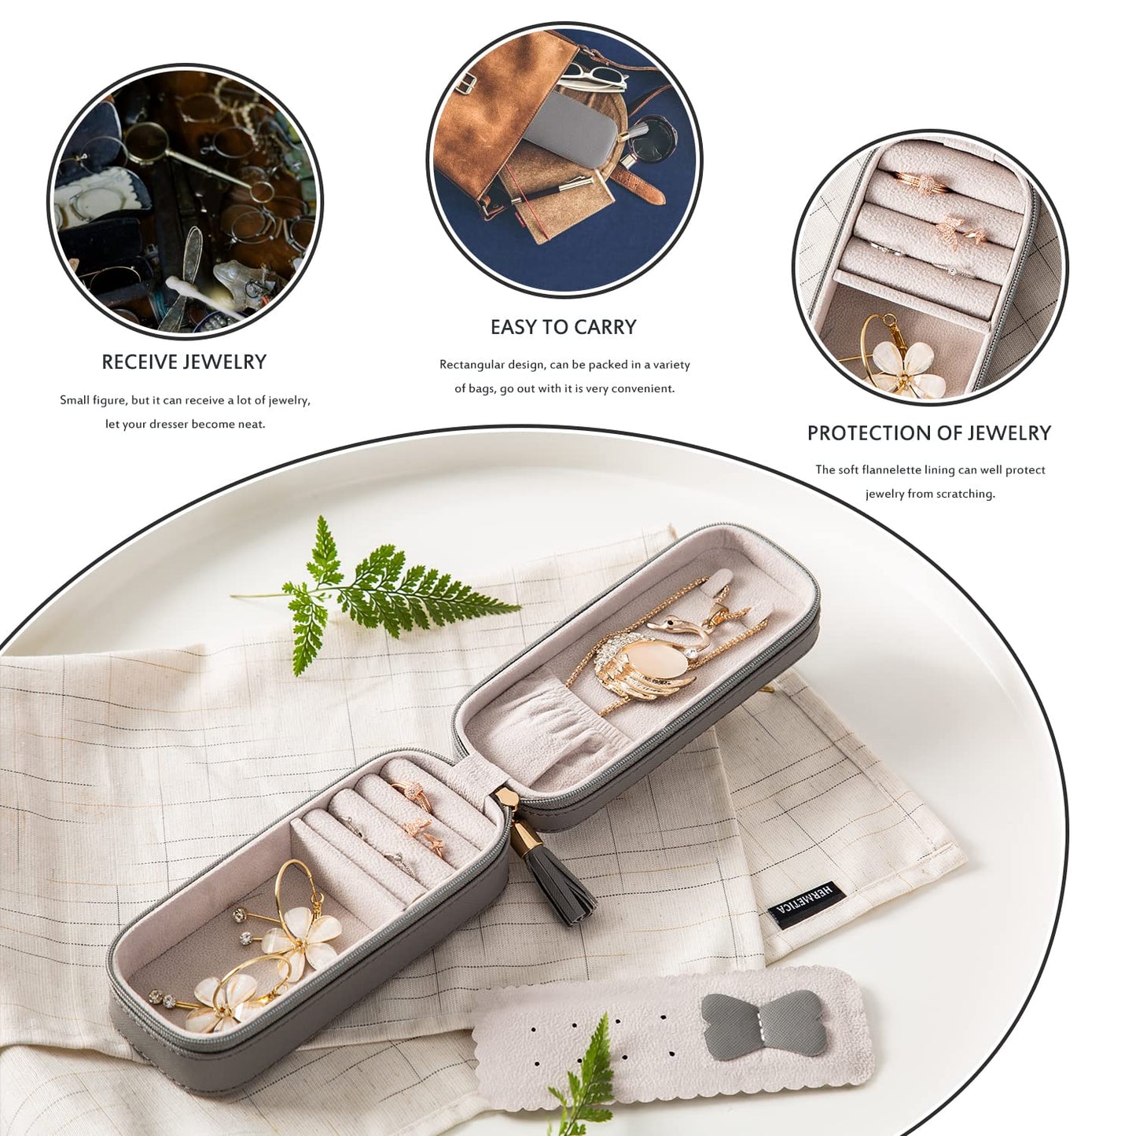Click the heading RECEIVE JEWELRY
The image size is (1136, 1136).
tap(184, 362)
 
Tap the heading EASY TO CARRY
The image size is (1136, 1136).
tap(563, 327)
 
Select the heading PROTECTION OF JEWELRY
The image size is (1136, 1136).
tap(928, 433)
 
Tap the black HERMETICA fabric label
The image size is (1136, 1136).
tap(804, 905)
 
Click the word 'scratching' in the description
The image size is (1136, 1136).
tap(966, 494)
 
